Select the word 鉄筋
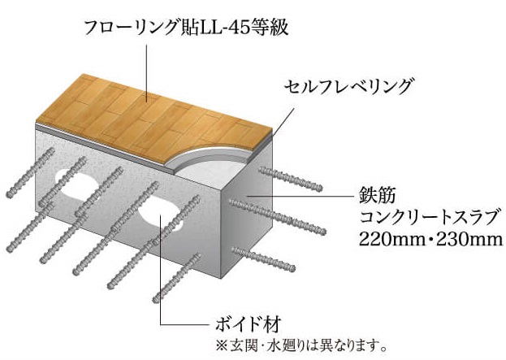[376, 197]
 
